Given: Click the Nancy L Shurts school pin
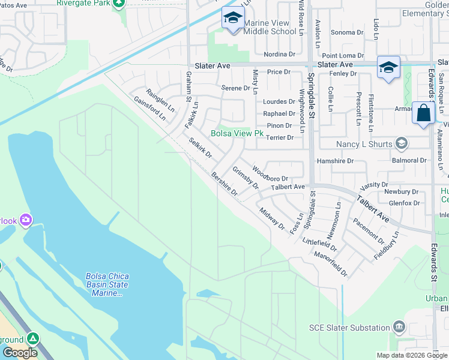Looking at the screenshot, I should [402, 143].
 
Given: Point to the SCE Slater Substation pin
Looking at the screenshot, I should [399, 327].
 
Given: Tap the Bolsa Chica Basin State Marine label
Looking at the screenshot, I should [108, 284].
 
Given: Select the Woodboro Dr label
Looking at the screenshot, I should [271, 175].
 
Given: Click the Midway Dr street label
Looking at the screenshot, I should [272, 218].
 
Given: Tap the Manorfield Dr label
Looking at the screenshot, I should [331, 263].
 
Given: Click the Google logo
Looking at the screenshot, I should [20, 353].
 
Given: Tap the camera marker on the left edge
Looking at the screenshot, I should [25, 220].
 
